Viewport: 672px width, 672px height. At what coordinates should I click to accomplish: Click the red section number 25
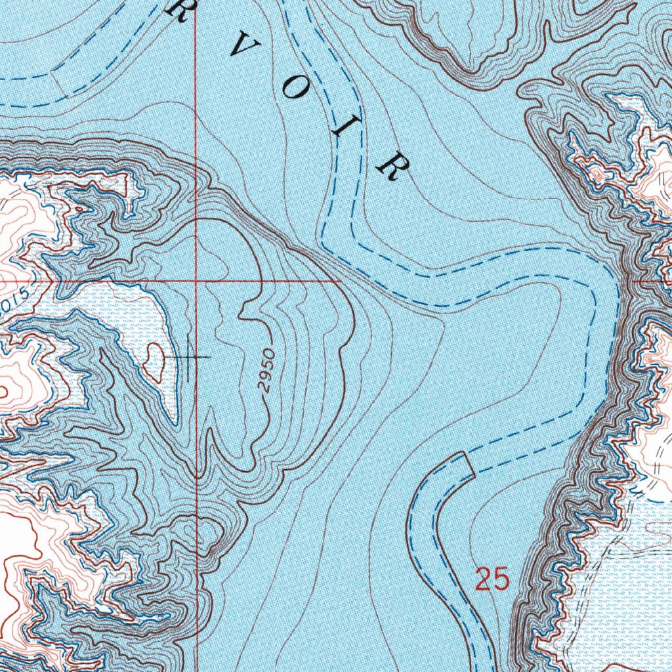(492, 579)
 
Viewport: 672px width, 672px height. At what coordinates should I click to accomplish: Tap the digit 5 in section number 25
(500, 579)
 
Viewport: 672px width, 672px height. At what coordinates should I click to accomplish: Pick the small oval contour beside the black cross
(156, 361)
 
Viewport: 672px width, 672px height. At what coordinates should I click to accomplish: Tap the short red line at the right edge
(656, 280)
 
